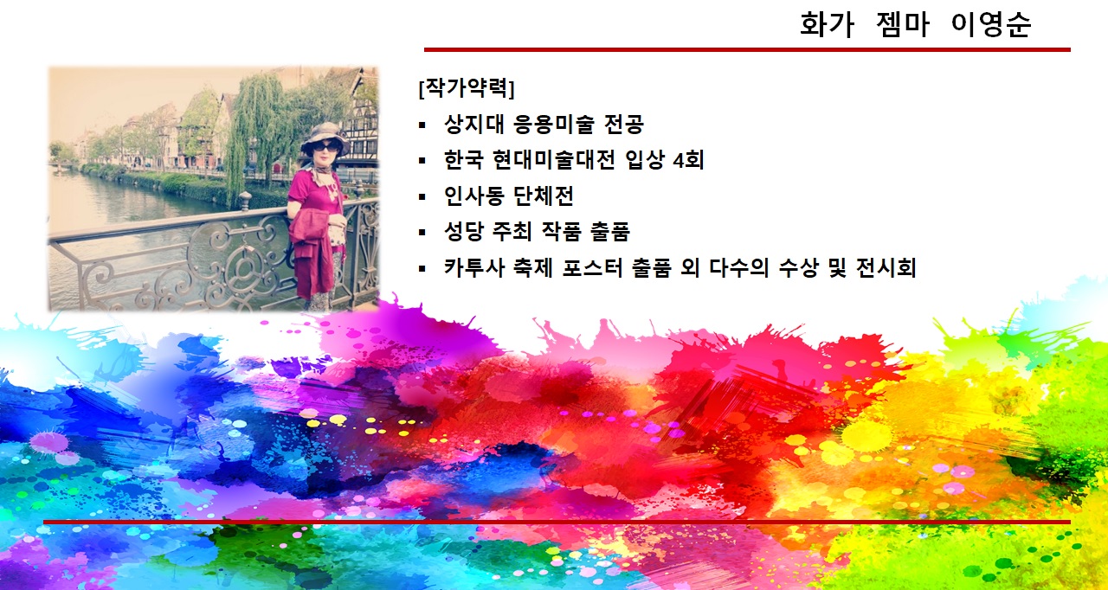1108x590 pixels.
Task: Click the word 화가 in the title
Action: point(827,24)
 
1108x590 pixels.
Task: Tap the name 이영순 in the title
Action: point(991,24)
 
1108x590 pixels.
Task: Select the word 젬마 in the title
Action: point(903,24)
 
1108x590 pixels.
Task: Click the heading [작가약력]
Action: point(467,87)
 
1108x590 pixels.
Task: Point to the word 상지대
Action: point(473,124)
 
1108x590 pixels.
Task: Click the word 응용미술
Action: point(553,124)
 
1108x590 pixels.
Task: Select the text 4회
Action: point(688,159)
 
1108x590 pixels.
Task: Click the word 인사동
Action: point(473,196)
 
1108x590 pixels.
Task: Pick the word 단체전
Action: point(543,196)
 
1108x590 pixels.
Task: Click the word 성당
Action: point(463,231)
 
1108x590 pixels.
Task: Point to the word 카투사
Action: point(473,268)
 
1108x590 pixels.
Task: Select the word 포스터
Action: point(592,268)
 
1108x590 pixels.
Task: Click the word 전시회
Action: point(886,268)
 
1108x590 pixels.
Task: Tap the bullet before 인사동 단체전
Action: point(422,196)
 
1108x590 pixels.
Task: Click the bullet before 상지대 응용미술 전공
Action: point(422,125)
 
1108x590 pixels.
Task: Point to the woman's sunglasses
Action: point(326,146)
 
